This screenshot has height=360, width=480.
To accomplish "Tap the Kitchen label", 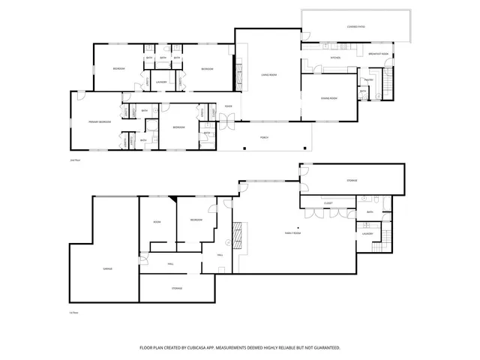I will point(336,58).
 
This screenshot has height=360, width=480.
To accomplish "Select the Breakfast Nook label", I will point(379,54).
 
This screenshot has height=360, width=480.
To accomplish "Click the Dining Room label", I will point(328,98).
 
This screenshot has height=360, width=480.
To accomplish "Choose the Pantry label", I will point(368,79).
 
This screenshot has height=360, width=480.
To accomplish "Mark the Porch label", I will point(264,138).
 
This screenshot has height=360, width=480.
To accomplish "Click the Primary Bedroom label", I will point(100,121).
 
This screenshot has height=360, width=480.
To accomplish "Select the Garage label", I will point(97,268).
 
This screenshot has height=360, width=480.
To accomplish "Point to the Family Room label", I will point(292,234).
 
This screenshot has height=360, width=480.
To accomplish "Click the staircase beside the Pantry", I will point(388,83).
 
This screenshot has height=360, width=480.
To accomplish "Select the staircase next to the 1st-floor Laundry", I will point(387,237).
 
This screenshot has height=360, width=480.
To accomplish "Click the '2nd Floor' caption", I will point(73,160).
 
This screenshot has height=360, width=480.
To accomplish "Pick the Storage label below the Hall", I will point(177,288).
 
